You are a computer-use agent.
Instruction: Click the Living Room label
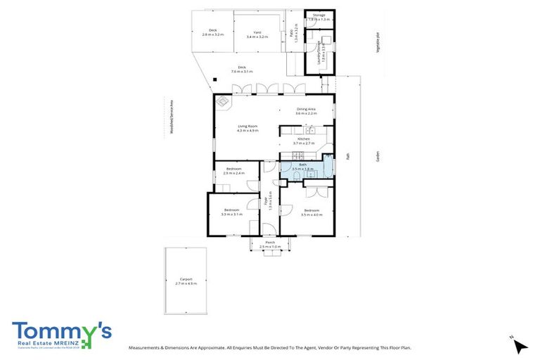click(247, 127)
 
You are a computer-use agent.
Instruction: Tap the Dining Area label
click(305, 109)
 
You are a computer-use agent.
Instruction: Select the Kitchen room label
click(304, 139)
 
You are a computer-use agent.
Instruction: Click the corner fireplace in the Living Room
click(223, 102)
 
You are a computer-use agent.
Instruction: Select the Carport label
click(186, 279)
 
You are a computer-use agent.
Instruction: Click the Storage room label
click(319, 14)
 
